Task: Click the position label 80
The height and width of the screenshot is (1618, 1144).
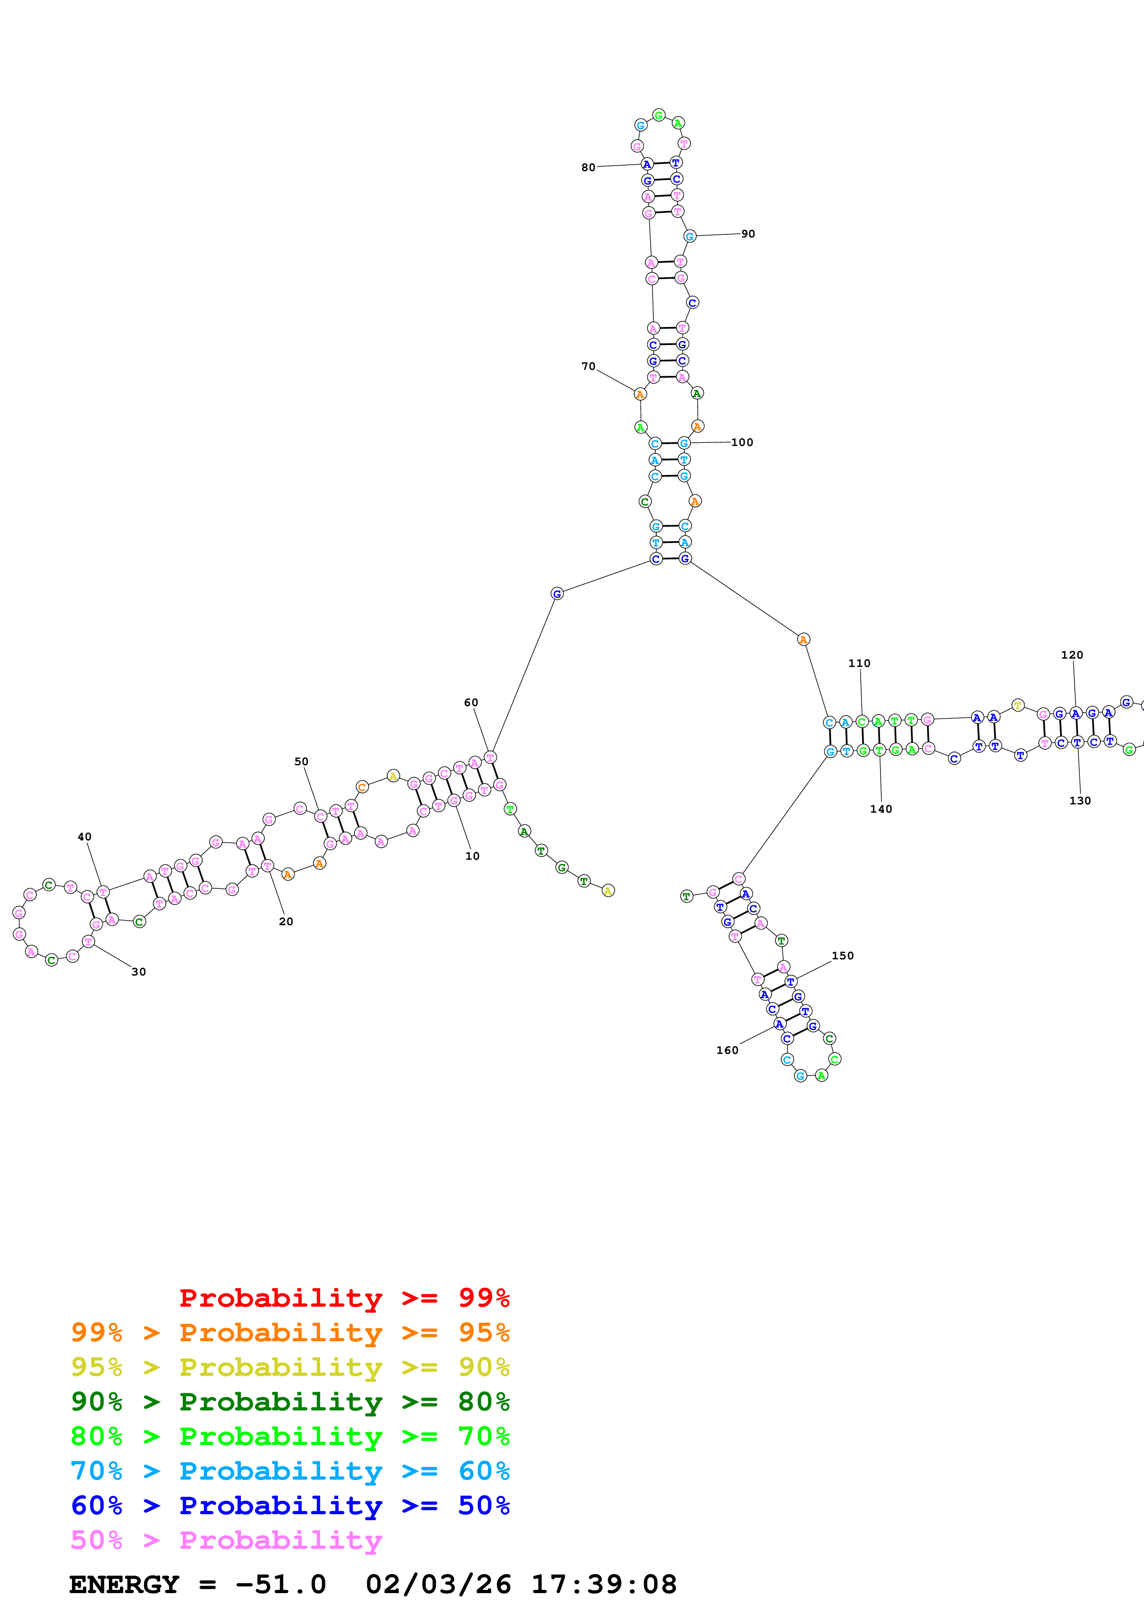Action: click(588, 168)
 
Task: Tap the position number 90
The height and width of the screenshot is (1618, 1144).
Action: click(748, 234)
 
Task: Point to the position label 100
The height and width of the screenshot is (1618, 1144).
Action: click(742, 443)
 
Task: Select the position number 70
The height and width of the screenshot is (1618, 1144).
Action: click(588, 366)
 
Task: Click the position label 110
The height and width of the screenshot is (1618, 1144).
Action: click(859, 663)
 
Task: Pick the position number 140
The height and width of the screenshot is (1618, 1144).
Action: click(880, 809)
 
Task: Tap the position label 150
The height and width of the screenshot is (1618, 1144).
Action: click(842, 956)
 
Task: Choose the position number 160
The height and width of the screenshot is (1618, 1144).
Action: click(727, 1050)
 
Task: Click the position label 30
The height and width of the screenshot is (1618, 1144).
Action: click(139, 972)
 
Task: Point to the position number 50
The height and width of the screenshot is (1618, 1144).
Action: click(301, 762)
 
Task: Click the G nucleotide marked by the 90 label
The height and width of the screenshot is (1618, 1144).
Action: click(689, 236)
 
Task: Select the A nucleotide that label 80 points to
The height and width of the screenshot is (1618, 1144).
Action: click(647, 164)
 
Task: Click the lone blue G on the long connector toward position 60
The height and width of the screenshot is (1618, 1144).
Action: click(557, 594)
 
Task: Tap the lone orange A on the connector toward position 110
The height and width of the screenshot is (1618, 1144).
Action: click(803, 640)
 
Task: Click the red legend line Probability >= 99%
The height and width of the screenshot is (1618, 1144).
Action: click(344, 1298)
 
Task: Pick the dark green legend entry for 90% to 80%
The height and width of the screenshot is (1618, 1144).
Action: click(290, 1402)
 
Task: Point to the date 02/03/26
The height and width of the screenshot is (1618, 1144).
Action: click(438, 1585)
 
